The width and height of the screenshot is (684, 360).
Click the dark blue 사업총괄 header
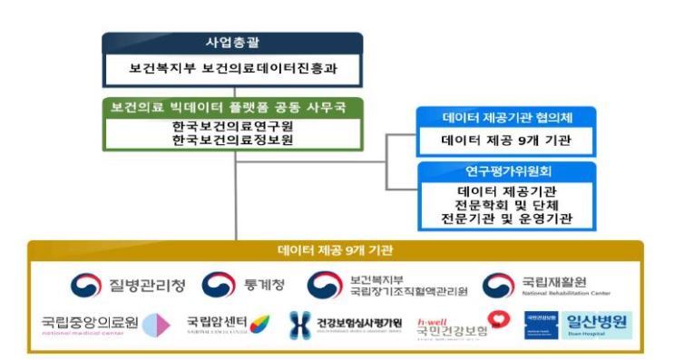coord(232,44)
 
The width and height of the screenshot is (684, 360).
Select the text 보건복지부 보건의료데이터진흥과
coord(232,68)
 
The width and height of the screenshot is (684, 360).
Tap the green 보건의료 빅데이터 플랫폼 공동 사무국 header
coord(232,107)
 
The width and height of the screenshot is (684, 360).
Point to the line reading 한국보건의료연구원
coord(232,126)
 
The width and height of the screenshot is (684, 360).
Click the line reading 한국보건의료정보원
coord(232,141)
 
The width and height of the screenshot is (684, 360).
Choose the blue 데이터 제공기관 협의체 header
coord(506,118)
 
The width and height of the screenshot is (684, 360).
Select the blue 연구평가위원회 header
coord(506,170)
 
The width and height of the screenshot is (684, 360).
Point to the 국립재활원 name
coord(555,281)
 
